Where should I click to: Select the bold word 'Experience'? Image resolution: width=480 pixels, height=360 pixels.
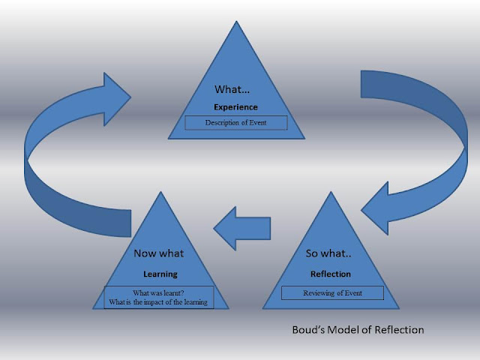[x=235, y=107]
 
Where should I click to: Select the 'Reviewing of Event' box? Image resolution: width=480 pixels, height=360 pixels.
[x=332, y=292]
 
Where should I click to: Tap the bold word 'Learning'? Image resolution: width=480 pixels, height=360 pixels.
[x=160, y=274]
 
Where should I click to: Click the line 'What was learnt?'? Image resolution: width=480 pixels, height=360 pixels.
[x=159, y=292]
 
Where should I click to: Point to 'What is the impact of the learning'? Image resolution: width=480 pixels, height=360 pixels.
[x=159, y=302]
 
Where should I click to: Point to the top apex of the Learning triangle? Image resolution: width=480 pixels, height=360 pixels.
[x=160, y=193]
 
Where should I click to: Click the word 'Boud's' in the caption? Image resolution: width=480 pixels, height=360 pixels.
[x=310, y=329]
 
